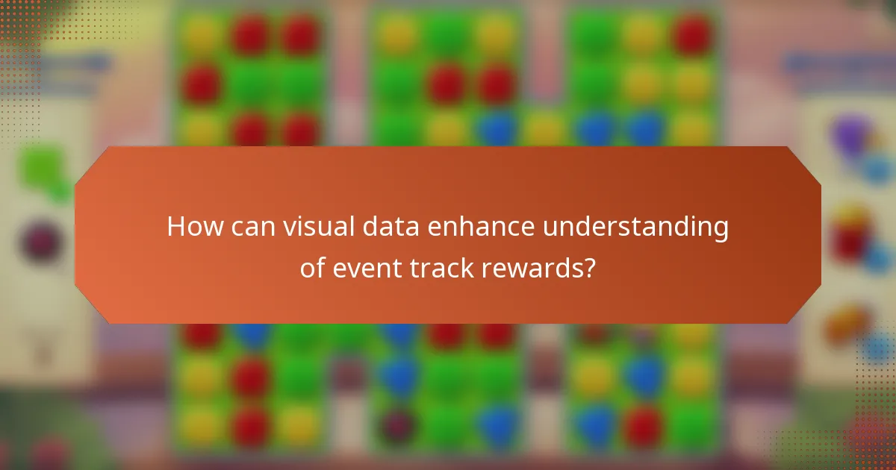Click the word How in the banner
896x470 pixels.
point(193,227)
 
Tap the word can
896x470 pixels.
point(252,227)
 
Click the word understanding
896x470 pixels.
point(635,227)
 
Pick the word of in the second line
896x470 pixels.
point(313,268)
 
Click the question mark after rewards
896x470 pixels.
point(588,268)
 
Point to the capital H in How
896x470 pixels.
point(176,227)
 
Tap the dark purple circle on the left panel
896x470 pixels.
point(42,242)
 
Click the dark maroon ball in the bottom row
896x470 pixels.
point(396,424)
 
